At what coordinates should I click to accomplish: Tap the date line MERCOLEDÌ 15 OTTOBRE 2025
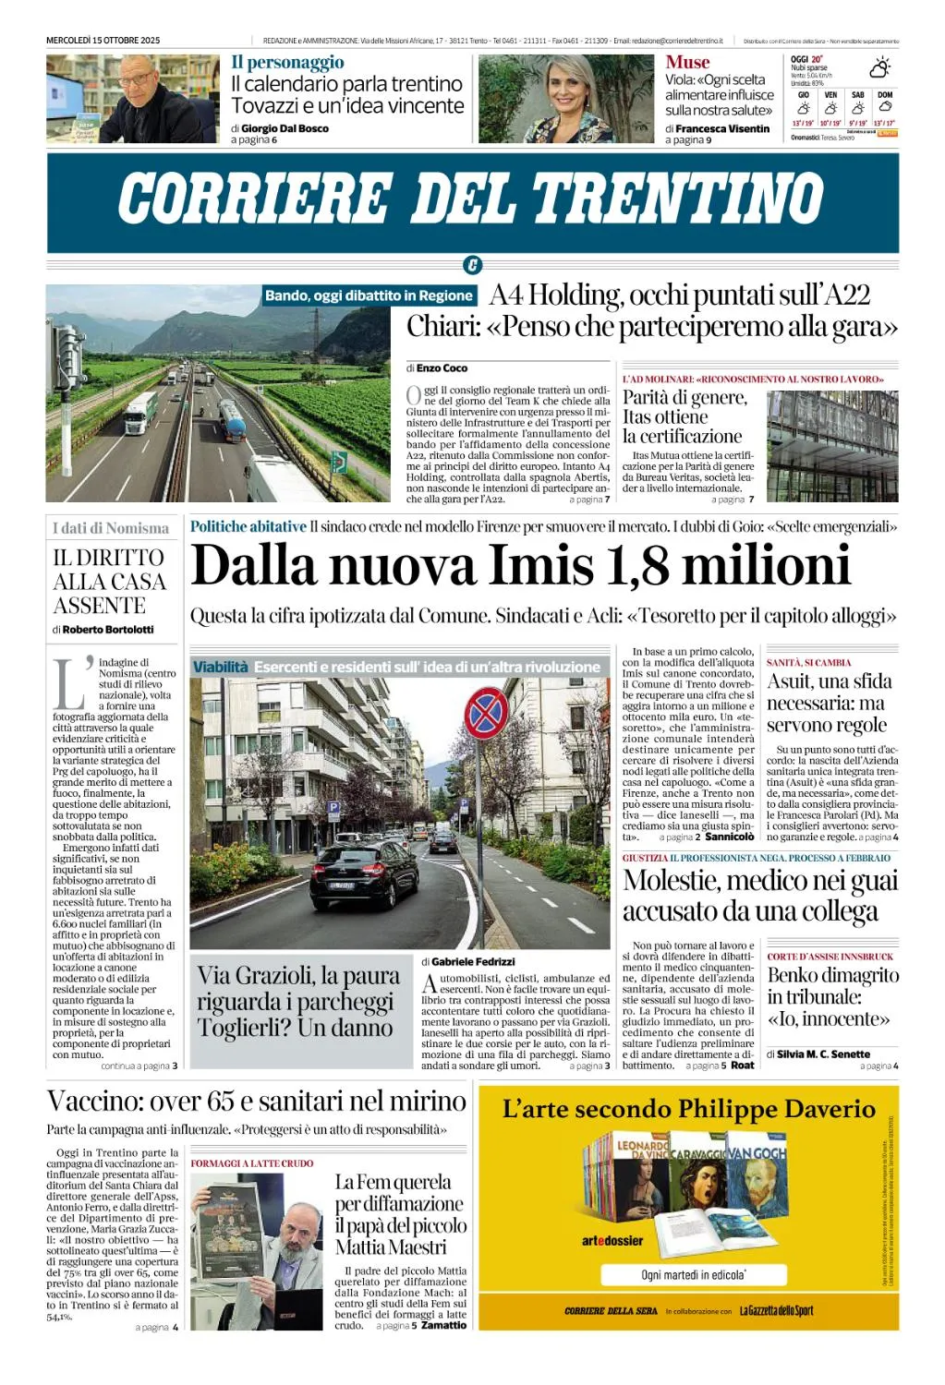(x=103, y=41)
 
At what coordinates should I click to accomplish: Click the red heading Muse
(x=687, y=63)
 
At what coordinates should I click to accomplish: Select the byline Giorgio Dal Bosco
(x=285, y=128)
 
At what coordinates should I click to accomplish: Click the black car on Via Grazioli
(x=365, y=873)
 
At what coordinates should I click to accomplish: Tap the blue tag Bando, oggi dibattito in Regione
(x=369, y=295)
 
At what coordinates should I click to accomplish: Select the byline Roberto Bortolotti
(x=108, y=630)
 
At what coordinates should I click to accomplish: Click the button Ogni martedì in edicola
(x=693, y=1275)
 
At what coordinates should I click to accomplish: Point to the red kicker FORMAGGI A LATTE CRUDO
(x=252, y=1163)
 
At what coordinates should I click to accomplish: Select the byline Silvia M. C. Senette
(x=823, y=1054)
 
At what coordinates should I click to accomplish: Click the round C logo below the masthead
(x=472, y=266)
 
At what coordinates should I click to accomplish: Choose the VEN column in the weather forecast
(x=830, y=108)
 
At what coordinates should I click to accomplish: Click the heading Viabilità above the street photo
(x=221, y=667)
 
